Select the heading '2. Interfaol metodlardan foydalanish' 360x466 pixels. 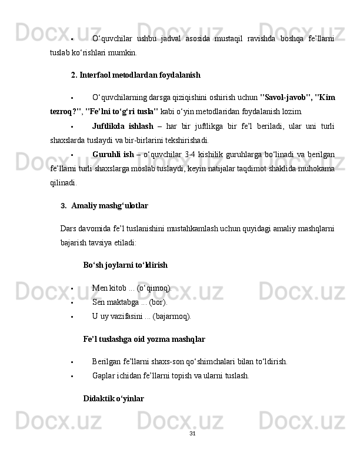pos(135,75)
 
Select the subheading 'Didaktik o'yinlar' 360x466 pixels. pos(114,398)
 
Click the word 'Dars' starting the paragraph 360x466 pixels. pos(68,228)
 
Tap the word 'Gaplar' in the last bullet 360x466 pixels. pos(104,375)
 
